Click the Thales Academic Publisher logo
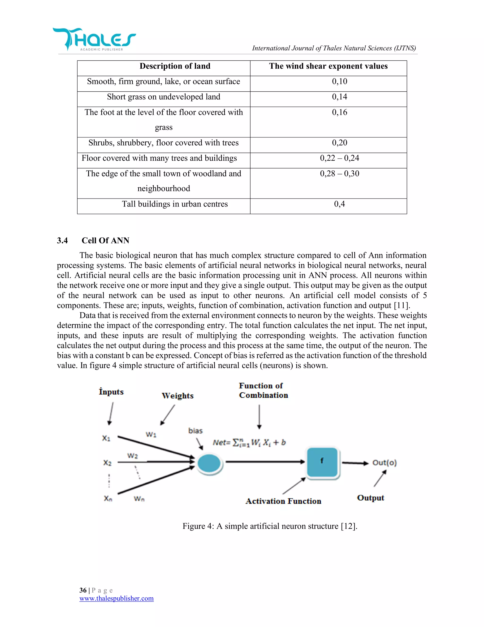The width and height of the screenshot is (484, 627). [94, 40]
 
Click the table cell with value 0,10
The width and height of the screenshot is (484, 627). [340, 82]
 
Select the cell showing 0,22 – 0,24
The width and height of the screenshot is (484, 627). [340, 159]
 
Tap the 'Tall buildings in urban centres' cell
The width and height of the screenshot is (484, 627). [175, 204]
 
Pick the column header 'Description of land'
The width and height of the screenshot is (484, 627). [175, 66]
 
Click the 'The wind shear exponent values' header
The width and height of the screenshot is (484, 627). [328, 66]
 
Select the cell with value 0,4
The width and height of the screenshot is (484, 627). [340, 204]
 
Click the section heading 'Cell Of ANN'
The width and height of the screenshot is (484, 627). [105, 241]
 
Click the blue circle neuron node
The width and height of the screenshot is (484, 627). [209, 463]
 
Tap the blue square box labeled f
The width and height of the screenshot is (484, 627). [322, 461]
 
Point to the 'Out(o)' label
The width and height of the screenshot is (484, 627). [385, 463]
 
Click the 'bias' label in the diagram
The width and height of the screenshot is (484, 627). [195, 431]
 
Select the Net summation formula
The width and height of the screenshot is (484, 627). [249, 442]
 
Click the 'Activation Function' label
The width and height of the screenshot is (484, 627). [283, 501]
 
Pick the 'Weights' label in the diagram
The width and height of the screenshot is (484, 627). [177, 396]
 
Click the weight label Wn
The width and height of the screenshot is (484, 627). [139, 499]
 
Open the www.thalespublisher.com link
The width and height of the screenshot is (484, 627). [117, 598]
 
